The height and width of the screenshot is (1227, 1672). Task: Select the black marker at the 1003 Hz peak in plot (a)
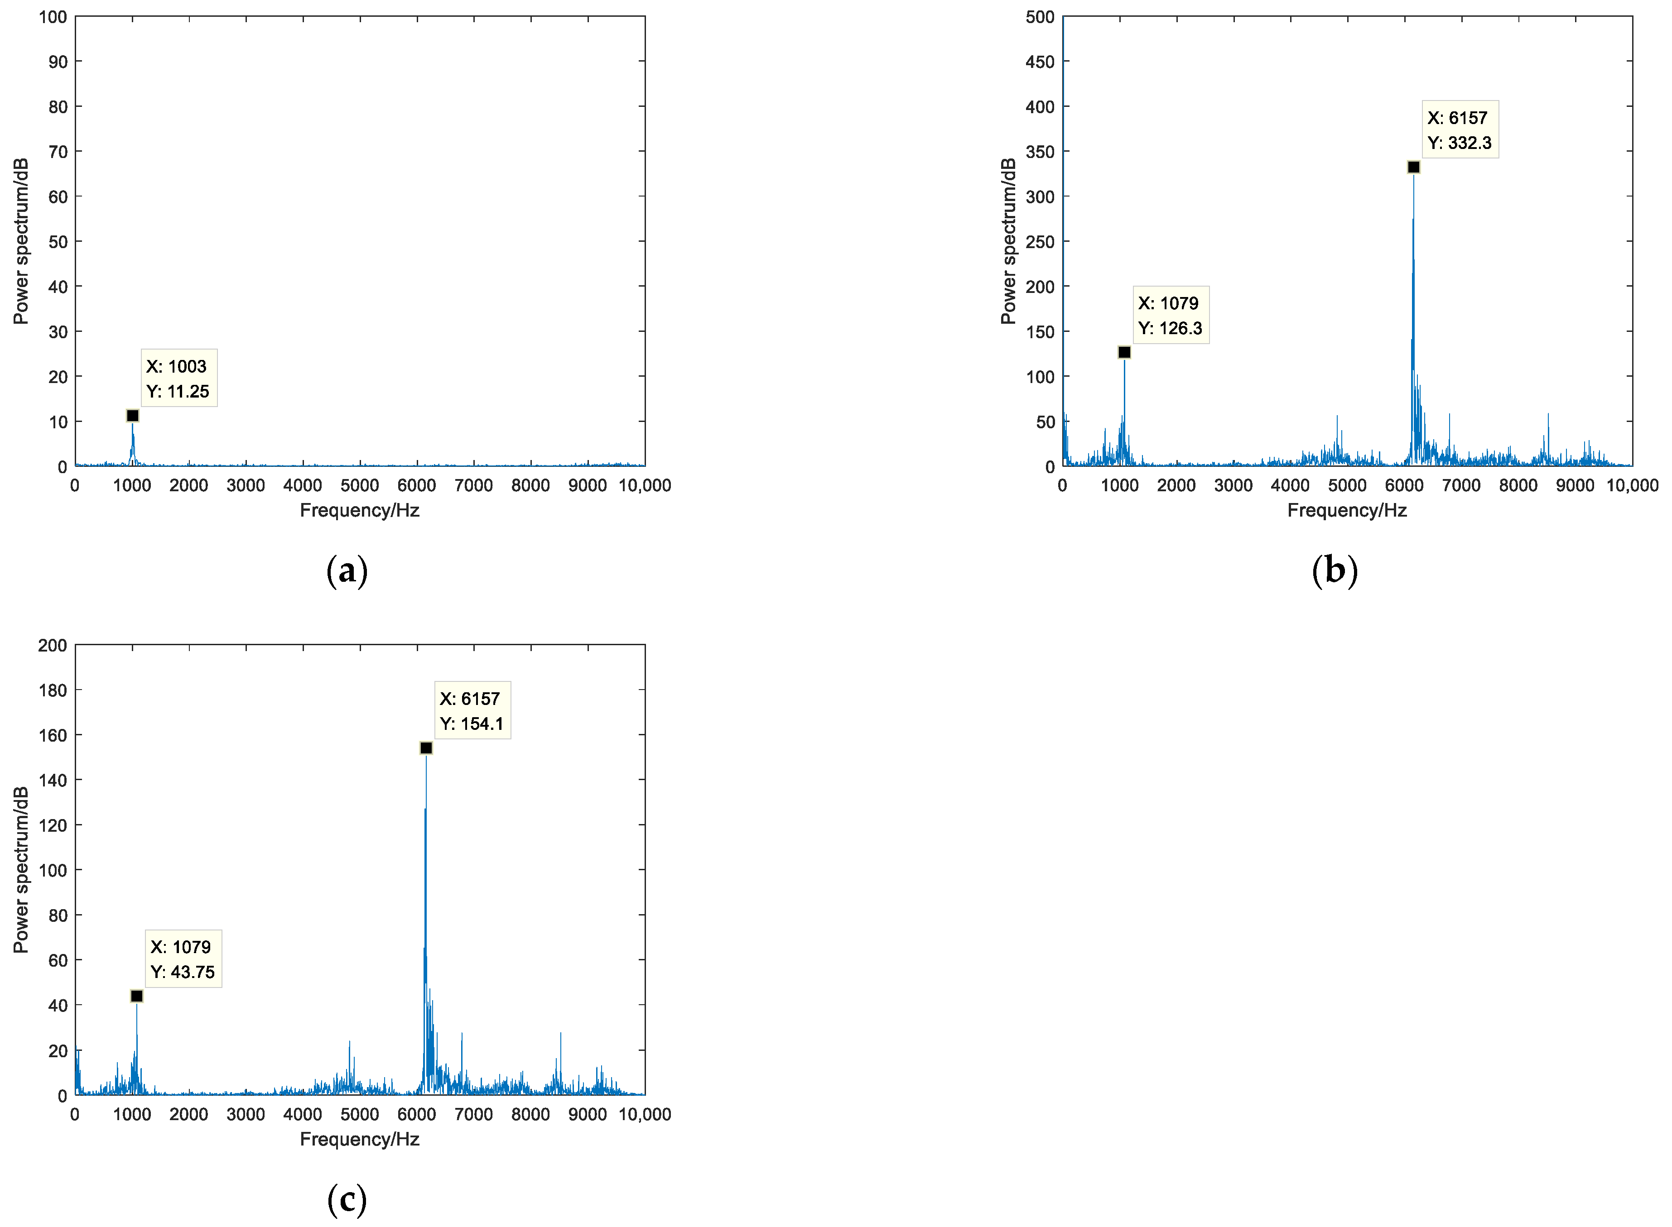click(132, 415)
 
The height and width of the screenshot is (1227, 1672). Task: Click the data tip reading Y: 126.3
click(1171, 315)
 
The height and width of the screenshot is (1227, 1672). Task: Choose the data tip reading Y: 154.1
click(472, 711)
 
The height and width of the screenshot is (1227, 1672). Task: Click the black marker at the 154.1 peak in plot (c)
click(426, 748)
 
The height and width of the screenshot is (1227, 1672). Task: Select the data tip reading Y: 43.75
click(183, 959)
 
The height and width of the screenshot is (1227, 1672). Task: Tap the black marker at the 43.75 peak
click(137, 996)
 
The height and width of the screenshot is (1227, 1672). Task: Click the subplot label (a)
click(347, 570)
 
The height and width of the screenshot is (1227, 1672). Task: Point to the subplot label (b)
click(1335, 570)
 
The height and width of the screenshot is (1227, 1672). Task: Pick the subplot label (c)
click(347, 1199)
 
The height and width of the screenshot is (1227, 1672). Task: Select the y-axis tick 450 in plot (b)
click(1040, 62)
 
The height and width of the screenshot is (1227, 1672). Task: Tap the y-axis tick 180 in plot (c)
click(53, 690)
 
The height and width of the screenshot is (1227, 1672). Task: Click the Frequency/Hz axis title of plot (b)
click(1346, 510)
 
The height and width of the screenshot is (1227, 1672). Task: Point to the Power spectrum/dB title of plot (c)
click(21, 870)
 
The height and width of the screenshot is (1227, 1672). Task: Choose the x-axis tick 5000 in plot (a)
click(360, 486)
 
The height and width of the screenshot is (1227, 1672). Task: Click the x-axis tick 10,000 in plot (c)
click(644, 1114)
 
